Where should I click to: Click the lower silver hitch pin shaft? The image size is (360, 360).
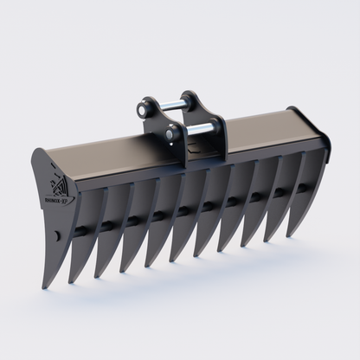tap(200, 130)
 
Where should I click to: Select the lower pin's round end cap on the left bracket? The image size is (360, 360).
tap(173, 135)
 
